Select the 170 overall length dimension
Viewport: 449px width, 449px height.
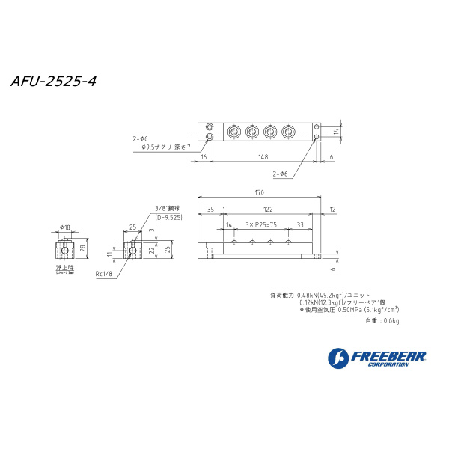coord(259,193)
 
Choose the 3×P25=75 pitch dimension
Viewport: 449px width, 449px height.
coord(260,224)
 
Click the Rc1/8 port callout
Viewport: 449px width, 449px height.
coord(103,275)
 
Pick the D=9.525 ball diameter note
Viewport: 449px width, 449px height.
coord(168,217)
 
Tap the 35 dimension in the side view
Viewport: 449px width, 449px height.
coord(210,210)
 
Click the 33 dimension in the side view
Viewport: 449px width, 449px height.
coord(299,224)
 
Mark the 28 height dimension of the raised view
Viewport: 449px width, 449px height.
coord(82,247)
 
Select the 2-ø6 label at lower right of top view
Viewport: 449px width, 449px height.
coord(281,174)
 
